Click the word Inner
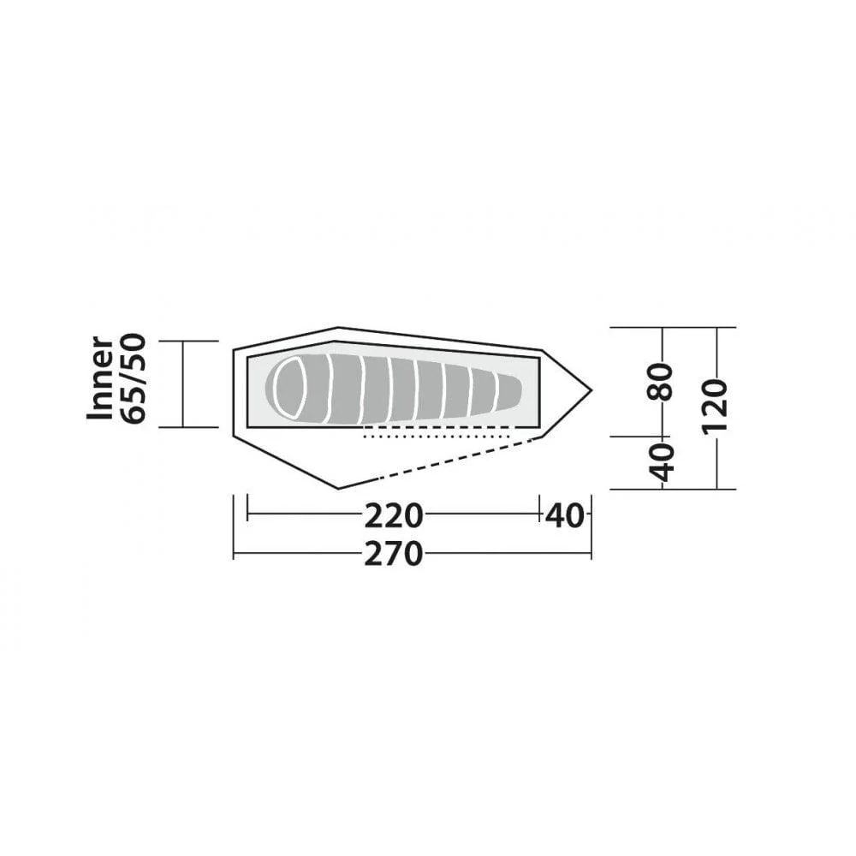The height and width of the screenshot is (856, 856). (101, 377)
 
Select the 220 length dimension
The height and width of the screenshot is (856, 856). (393, 516)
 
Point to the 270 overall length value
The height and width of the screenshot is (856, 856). (393, 555)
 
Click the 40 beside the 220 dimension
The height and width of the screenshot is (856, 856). (565, 516)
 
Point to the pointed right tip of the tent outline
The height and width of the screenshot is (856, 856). (591, 390)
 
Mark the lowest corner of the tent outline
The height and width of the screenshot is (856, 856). (339, 488)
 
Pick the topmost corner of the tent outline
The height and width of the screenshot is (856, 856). (337, 327)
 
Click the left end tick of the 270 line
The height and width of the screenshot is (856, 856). (234, 555)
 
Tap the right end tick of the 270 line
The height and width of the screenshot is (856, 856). (591, 555)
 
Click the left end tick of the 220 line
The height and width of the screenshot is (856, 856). (247, 515)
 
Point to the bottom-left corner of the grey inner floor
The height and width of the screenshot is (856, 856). (248, 425)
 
